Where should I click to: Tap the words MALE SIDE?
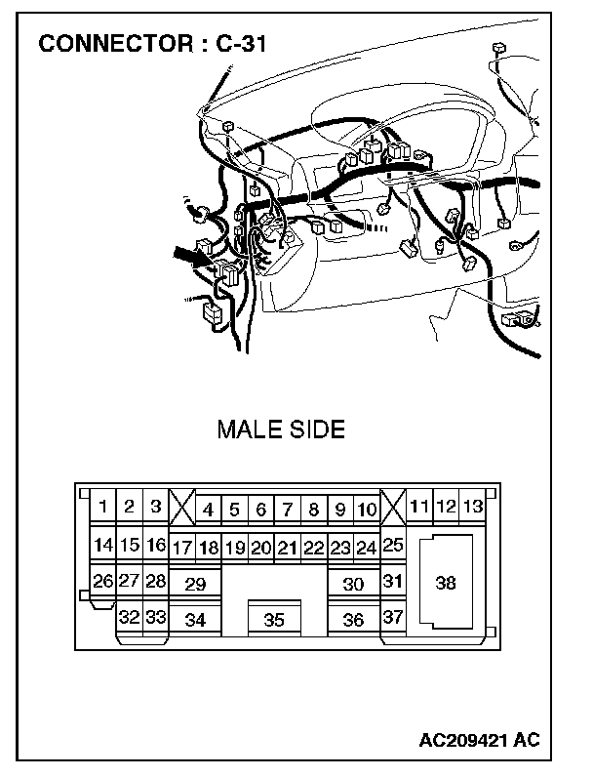(281, 430)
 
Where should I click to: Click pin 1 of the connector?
(102, 508)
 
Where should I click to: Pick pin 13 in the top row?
(473, 507)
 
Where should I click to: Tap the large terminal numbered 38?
(446, 583)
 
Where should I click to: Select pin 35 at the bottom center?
(274, 620)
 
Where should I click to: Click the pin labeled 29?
(195, 585)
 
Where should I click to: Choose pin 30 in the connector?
(353, 585)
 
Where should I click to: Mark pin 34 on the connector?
(195, 620)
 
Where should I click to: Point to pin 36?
(353, 620)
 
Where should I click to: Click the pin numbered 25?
(393, 546)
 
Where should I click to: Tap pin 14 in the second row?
(102, 546)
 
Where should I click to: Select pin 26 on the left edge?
(102, 582)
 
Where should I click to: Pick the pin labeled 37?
(393, 618)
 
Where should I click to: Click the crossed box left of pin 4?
(181, 509)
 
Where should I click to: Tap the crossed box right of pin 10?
(393, 509)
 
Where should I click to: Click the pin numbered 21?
(287, 548)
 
